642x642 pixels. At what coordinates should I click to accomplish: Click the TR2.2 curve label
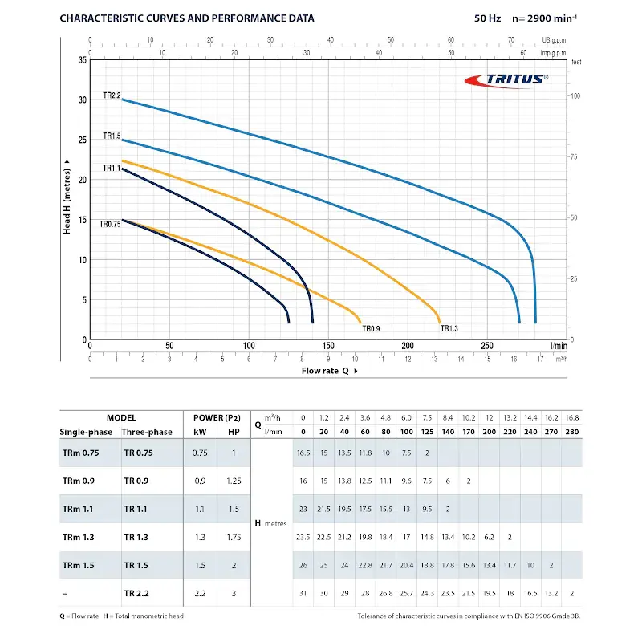(x=112, y=95)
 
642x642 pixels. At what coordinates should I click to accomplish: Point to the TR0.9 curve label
(x=370, y=328)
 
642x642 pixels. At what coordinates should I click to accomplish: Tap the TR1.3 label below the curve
(x=449, y=328)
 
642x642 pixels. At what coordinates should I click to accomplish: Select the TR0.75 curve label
(x=110, y=224)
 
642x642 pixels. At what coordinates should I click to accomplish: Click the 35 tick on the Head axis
(x=83, y=60)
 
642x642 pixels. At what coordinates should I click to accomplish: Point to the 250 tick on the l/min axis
(x=487, y=346)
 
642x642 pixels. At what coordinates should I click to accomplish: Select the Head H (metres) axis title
(x=67, y=197)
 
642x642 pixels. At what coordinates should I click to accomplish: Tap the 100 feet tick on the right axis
(x=575, y=96)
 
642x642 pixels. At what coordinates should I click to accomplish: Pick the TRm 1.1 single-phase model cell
(x=78, y=508)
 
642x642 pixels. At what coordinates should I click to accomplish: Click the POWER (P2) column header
(x=211, y=417)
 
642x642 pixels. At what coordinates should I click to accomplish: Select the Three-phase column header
(x=147, y=432)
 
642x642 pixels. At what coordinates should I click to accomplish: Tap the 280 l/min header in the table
(x=571, y=432)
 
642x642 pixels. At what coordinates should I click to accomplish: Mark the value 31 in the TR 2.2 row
(x=303, y=593)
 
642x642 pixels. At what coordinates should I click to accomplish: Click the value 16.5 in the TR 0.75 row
(x=303, y=453)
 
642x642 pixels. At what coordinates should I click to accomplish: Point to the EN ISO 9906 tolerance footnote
(x=469, y=616)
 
